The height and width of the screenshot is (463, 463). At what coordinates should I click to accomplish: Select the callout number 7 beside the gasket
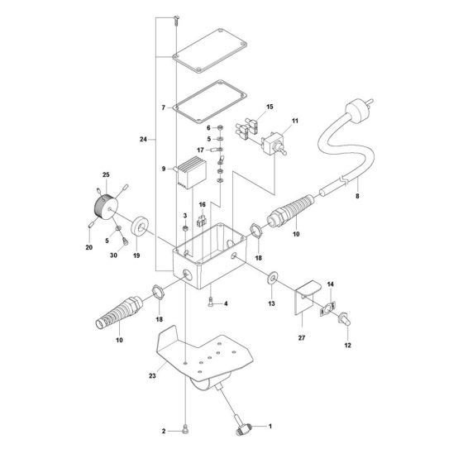pos(165,107)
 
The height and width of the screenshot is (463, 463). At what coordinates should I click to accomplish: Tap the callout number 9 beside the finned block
pos(165,169)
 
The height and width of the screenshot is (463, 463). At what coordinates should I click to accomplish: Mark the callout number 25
pos(105,175)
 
